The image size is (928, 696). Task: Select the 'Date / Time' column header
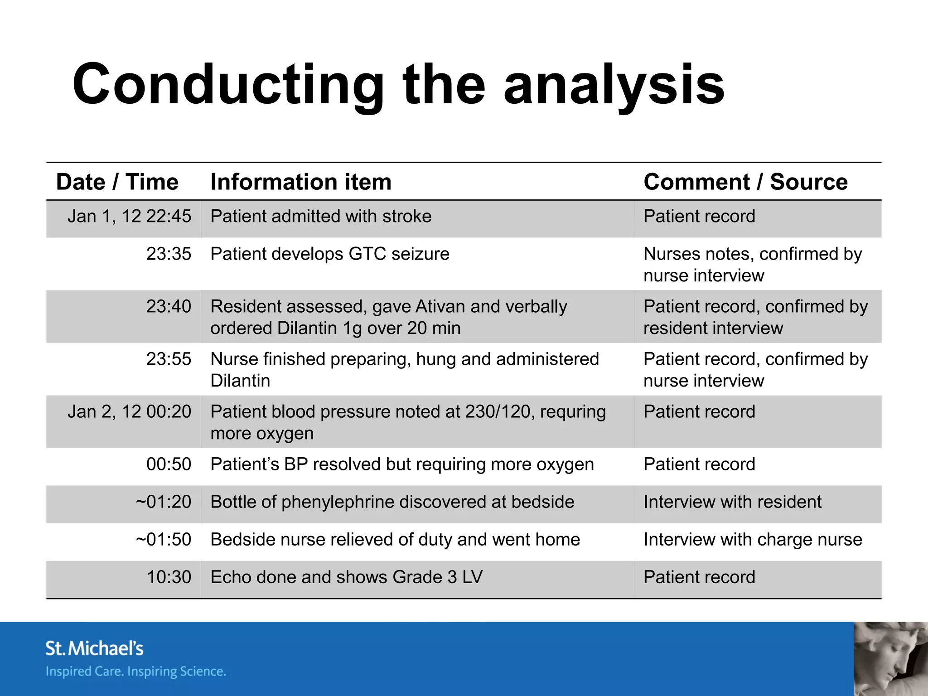[117, 182]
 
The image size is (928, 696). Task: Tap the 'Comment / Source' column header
[745, 182]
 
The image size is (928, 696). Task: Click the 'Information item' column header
[301, 182]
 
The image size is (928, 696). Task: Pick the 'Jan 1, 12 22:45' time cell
[129, 217]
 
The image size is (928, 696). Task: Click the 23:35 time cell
[169, 254]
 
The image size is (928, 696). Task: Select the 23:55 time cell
[169, 359]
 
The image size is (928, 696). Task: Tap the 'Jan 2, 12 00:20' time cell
[129, 412]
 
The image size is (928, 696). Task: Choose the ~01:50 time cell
[164, 540]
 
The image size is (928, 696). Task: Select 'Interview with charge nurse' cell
[753, 540]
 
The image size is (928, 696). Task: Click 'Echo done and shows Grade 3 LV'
[347, 577]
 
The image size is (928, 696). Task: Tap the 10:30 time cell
[169, 577]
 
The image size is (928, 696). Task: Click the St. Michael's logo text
[94, 648]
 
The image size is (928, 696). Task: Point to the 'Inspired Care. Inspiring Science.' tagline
[135, 672]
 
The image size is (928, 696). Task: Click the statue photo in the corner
[890, 659]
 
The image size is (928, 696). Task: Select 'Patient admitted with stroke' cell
[321, 217]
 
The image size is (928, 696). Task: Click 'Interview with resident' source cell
[732, 502]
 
